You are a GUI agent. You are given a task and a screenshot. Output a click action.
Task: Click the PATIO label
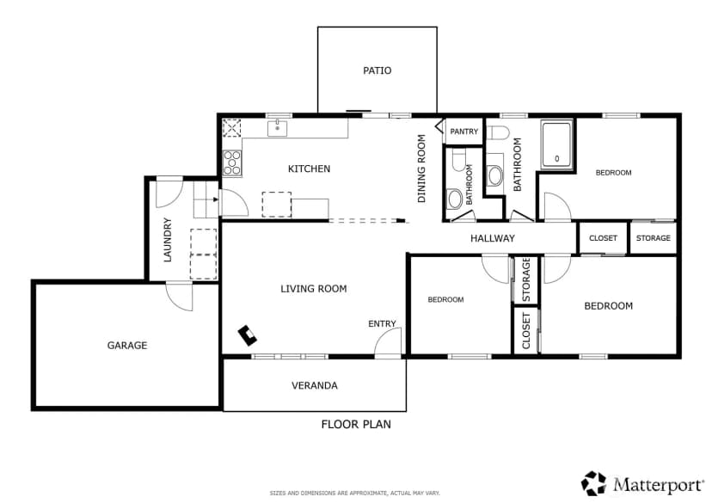(x=377, y=71)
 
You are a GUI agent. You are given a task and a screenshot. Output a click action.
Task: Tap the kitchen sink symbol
(x=277, y=128)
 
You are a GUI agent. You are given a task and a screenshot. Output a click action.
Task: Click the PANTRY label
(x=463, y=132)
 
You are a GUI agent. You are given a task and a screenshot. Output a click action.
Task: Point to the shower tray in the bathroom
(x=556, y=144)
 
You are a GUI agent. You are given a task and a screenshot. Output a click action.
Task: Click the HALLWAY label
(x=492, y=238)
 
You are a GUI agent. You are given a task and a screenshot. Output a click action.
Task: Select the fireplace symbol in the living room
(x=248, y=335)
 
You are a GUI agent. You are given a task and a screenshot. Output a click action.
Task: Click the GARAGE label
(x=127, y=346)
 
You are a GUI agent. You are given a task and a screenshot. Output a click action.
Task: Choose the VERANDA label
(x=314, y=385)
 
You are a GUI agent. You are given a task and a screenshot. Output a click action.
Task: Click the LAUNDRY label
(x=168, y=240)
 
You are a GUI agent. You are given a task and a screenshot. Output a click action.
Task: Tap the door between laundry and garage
(x=180, y=297)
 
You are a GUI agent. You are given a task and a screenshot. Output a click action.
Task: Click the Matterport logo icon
(x=594, y=482)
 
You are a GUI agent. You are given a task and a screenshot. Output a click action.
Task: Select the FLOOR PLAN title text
(x=356, y=425)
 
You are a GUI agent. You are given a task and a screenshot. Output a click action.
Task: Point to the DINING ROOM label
(x=421, y=169)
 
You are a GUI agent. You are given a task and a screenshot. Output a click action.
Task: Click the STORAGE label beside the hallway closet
(x=653, y=238)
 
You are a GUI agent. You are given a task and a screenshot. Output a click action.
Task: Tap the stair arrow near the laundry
(x=216, y=199)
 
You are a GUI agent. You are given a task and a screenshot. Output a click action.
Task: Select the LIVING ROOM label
(x=313, y=289)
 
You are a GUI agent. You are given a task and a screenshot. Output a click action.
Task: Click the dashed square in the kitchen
(x=277, y=205)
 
